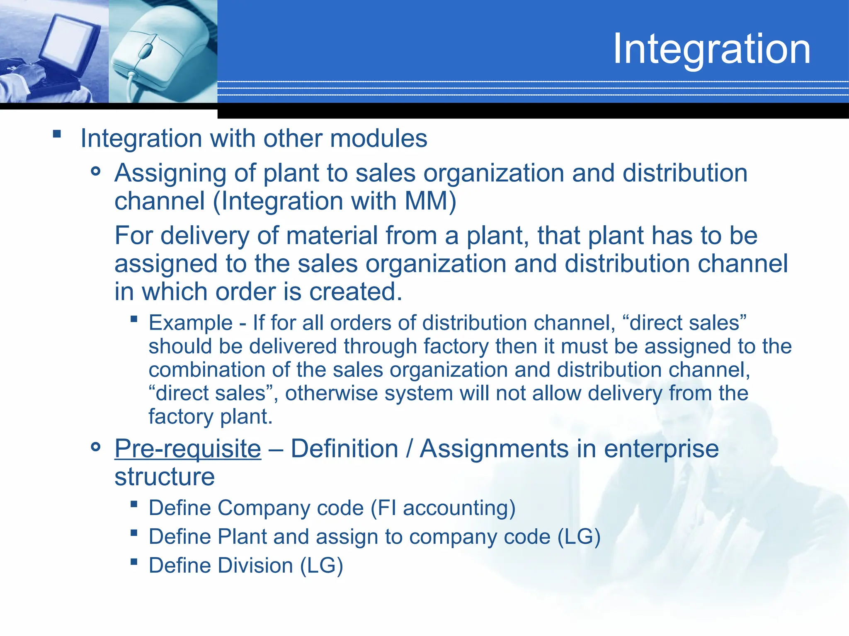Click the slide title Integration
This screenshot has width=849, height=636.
[711, 49]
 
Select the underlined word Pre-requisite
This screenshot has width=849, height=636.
[188, 448]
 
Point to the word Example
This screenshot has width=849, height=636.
[191, 323]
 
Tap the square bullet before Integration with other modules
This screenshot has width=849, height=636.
[57, 134]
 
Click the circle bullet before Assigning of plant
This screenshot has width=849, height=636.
[96, 171]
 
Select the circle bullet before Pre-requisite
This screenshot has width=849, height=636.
[96, 447]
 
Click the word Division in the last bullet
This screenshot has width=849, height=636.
[256, 566]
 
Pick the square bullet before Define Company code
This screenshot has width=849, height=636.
[133, 504]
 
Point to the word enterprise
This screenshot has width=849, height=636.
[661, 449]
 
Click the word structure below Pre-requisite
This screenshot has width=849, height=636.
[165, 477]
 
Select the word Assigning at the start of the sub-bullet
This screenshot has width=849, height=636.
[170, 173]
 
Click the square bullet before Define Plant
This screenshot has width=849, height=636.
[133, 533]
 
